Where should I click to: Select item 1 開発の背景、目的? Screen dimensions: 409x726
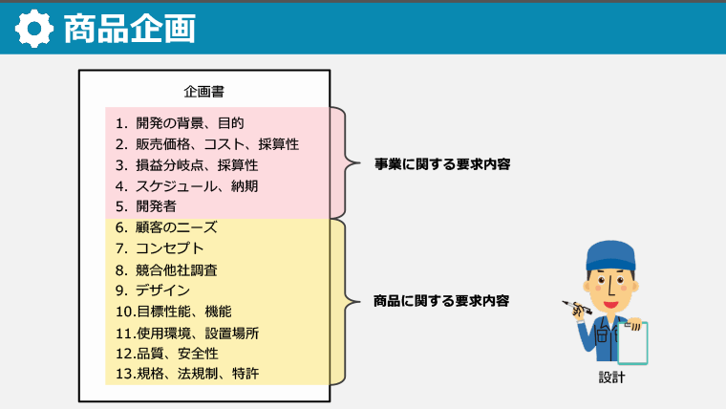[180, 123]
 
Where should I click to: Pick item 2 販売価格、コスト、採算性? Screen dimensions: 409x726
[207, 144]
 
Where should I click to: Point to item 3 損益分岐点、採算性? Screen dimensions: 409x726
[186, 165]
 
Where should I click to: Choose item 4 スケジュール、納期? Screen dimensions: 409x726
[186, 185]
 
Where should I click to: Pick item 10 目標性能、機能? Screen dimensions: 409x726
[173, 312]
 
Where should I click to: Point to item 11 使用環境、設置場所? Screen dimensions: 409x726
[187, 333]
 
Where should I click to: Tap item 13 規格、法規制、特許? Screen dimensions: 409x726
[187, 374]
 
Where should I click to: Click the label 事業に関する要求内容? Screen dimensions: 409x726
[442, 164]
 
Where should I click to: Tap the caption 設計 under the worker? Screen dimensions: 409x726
[609, 377]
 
